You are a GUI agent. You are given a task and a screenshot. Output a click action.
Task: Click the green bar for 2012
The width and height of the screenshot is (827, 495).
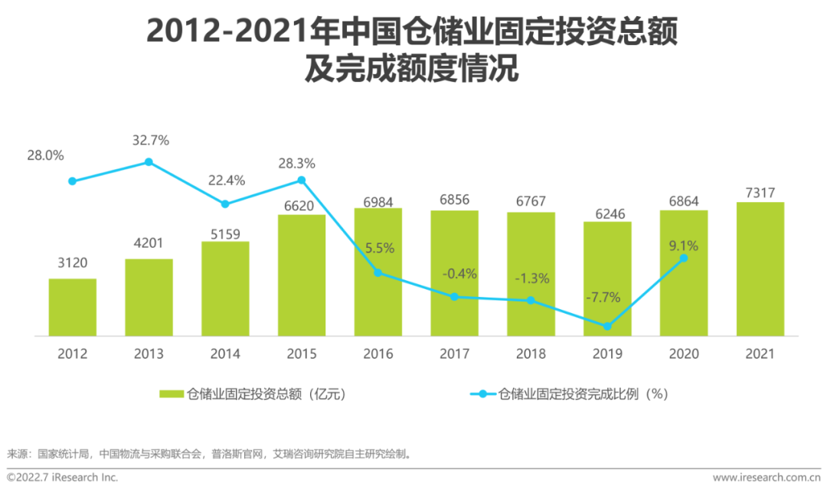pos(73,307)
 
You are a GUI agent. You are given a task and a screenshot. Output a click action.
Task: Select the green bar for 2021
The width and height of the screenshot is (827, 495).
pos(760,269)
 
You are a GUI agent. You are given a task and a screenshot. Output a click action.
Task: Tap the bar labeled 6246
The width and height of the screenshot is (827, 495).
pos(607,278)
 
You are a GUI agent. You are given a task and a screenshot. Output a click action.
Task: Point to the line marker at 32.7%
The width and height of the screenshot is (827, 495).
pos(149,162)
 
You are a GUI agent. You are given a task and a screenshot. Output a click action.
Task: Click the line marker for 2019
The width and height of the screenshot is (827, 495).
pos(607,326)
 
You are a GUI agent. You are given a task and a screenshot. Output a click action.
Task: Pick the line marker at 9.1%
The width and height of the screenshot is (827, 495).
pos(684,259)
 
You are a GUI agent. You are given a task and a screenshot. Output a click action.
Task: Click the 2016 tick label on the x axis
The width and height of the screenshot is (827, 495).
pos(378,354)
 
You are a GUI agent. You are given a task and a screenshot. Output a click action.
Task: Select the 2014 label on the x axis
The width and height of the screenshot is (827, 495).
pos(225,354)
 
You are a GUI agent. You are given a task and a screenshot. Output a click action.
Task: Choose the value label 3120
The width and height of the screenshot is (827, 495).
pos(73,263)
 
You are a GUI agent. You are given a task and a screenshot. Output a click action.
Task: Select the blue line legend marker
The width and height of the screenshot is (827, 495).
pos(482,395)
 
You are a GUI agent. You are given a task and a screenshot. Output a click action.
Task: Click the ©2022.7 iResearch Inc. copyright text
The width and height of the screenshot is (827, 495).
pos(62,477)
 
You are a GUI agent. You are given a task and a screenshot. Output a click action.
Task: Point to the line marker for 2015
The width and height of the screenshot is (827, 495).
pos(302,181)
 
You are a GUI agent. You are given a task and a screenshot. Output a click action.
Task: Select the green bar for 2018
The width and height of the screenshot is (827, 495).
pos(531,273)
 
